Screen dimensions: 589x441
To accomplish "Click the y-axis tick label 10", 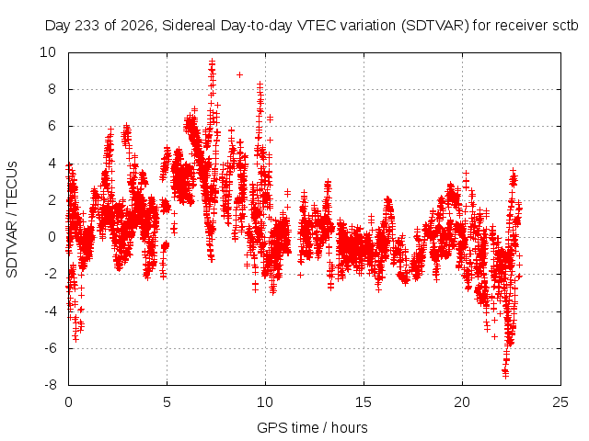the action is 48,52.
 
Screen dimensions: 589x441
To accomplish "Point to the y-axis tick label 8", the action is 52,89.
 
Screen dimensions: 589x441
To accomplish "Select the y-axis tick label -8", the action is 50,385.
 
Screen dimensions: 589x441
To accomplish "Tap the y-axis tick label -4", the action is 50,311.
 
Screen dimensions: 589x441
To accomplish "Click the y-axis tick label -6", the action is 50,348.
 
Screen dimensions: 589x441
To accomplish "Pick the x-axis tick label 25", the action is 560,402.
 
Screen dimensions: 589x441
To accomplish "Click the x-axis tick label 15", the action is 364,402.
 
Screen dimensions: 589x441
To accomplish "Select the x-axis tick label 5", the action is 167,402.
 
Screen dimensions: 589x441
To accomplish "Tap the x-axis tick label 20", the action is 462,402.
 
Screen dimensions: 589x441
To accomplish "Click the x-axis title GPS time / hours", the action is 312,427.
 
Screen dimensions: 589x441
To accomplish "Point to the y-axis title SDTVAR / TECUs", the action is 12,220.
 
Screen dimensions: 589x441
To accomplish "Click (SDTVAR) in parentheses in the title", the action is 435,26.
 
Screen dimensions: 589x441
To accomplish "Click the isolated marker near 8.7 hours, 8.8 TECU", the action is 239,75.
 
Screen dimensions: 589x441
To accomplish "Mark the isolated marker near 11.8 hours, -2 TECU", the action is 301,275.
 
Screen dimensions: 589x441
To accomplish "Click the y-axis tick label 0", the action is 52,237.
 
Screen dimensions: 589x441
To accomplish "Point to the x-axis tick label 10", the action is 265,402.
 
